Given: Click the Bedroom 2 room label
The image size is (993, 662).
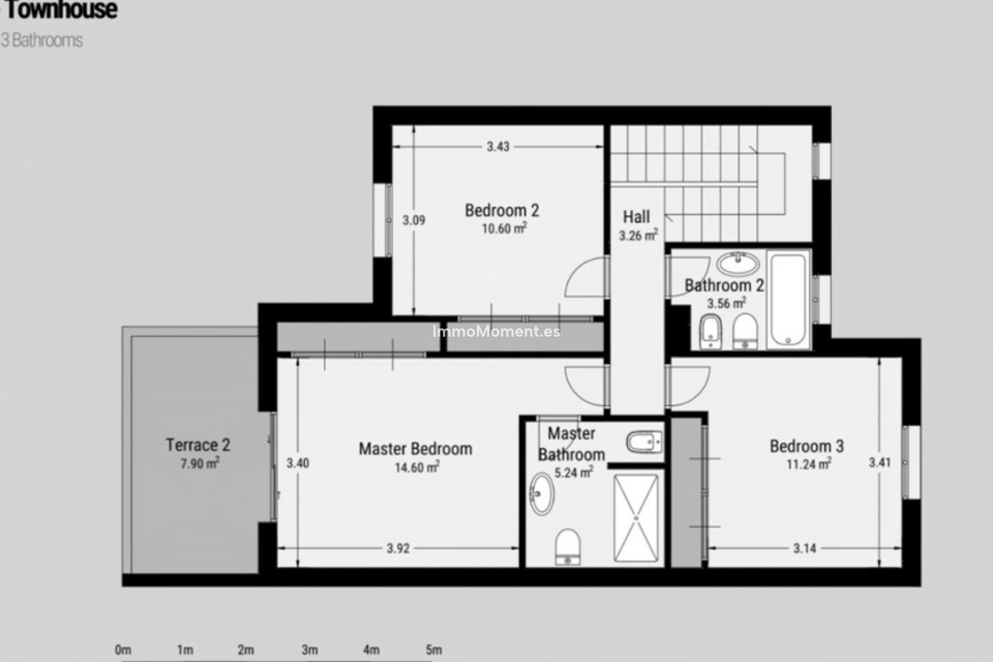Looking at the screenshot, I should (502, 210).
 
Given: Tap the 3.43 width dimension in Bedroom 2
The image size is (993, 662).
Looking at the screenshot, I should (498, 147).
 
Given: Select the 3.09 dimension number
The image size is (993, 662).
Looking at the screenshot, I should (414, 221).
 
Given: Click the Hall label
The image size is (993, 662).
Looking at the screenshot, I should (636, 217).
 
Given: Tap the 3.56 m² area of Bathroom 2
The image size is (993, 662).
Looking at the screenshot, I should (726, 303).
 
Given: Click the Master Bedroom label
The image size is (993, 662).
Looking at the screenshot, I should (415, 449).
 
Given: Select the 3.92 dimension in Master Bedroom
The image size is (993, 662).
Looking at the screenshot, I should (398, 549).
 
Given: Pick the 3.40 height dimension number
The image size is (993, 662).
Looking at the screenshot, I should (298, 463).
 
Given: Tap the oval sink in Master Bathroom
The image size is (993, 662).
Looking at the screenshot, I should (541, 493).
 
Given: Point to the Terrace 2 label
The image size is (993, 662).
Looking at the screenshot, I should (198, 445).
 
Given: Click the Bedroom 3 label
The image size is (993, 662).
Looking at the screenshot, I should (806, 446).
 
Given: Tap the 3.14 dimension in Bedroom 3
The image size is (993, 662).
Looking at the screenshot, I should (804, 549).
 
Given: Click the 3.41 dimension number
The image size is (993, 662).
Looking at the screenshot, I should (880, 462).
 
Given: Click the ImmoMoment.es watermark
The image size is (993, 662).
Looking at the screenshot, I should (496, 332).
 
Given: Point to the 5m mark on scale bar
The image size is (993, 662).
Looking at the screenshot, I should (433, 650).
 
